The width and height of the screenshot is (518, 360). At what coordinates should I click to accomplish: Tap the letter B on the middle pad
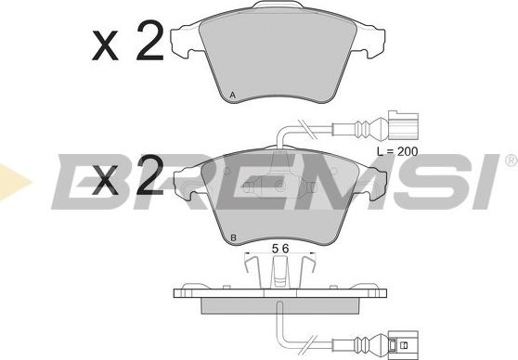pyautogui.click(x=234, y=238)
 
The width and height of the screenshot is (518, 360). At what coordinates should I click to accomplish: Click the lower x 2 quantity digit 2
pyautogui.click(x=147, y=174)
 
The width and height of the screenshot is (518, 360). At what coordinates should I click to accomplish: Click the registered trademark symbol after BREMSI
pyautogui.click(x=510, y=161)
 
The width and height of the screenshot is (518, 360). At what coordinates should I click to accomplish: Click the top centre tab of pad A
pyautogui.click(x=278, y=13)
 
